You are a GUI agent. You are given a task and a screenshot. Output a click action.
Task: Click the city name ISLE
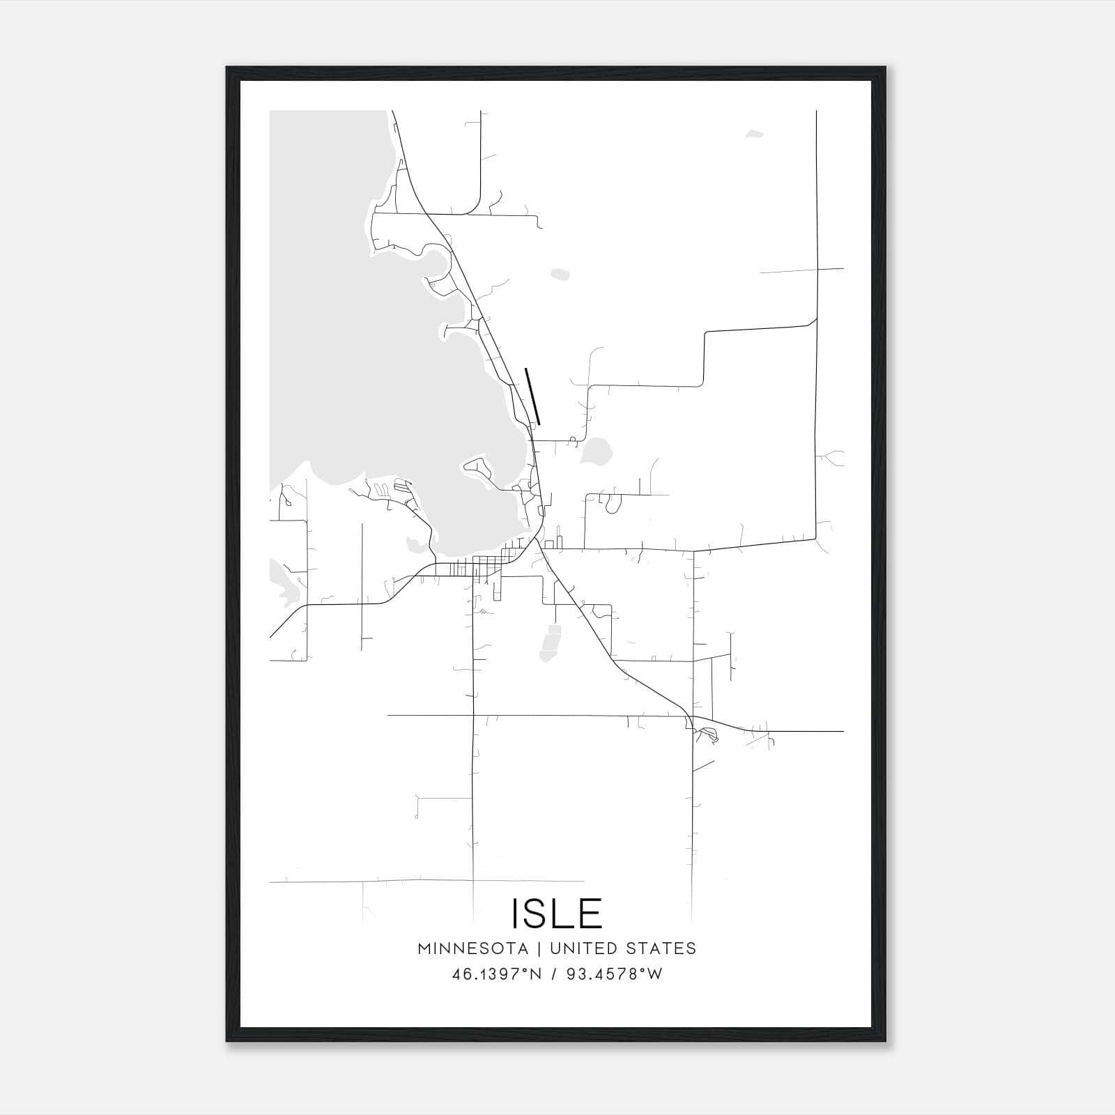coord(557,914)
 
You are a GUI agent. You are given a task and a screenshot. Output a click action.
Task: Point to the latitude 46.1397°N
coord(497,974)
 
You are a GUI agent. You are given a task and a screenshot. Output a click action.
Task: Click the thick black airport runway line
coord(532,396)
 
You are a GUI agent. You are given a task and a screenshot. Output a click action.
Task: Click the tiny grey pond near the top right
coord(754,133)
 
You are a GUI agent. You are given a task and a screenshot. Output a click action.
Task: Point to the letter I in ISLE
coord(516,914)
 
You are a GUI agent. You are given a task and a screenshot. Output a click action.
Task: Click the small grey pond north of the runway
coord(560,275)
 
